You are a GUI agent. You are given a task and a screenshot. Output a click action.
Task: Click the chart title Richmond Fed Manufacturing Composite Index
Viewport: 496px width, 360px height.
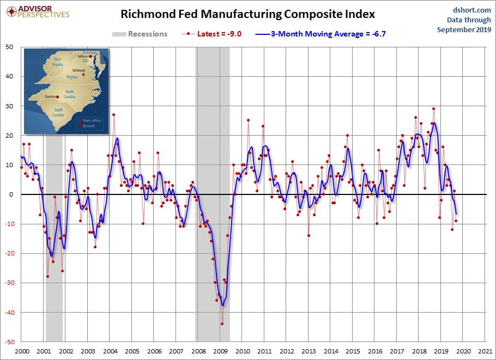247,14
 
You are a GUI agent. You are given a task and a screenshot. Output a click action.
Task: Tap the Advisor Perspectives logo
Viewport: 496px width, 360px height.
37,11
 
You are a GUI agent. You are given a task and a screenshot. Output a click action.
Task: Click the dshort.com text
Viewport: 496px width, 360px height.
468,10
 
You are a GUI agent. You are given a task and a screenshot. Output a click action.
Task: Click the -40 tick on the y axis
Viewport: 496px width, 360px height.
10,313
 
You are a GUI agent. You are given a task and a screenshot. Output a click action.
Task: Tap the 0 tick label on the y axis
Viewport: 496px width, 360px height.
13,194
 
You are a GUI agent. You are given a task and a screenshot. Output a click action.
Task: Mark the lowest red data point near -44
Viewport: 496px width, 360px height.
222,324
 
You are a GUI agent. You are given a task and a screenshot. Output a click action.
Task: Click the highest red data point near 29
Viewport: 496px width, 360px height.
433,109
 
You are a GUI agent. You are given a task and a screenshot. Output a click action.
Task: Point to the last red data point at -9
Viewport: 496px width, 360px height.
456,221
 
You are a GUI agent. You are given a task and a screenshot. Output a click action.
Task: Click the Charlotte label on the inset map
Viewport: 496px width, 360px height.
50,97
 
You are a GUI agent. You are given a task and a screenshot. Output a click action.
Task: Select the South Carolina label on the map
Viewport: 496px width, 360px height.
58,113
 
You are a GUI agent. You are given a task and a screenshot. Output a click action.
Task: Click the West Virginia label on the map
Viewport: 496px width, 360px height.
57,62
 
